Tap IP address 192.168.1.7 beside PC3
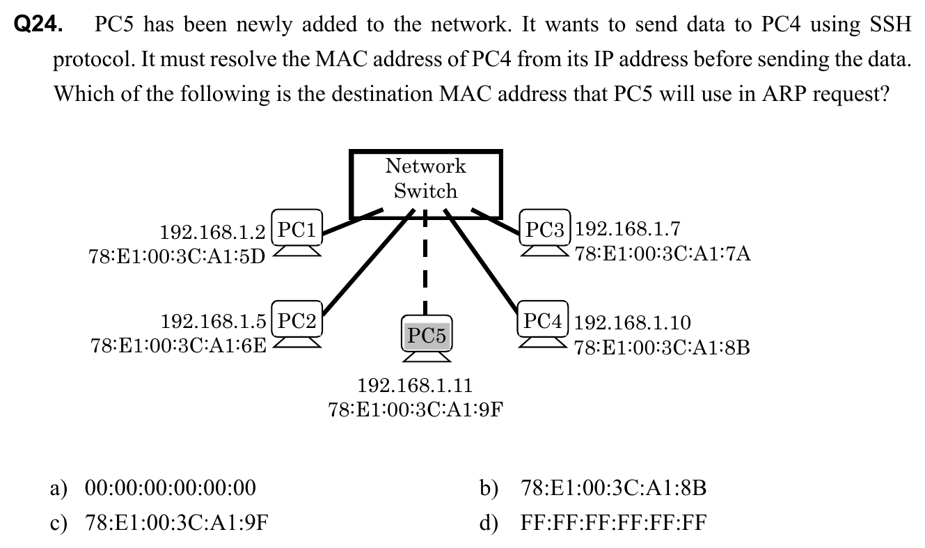pyautogui.click(x=629, y=228)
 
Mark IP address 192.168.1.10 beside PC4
pyautogui.click(x=633, y=322)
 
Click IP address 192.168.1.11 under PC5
pyautogui.click(x=415, y=385)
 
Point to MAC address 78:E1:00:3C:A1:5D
pyautogui.click(x=177, y=256)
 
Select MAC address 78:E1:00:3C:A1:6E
pyautogui.click(x=178, y=345)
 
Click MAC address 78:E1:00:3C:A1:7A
pyautogui.click(x=663, y=253)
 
